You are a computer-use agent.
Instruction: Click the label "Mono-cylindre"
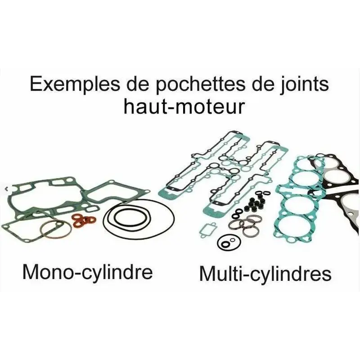click(87, 271)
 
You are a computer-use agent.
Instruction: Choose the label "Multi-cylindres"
click(265, 273)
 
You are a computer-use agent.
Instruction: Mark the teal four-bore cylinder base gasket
click(299, 198)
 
